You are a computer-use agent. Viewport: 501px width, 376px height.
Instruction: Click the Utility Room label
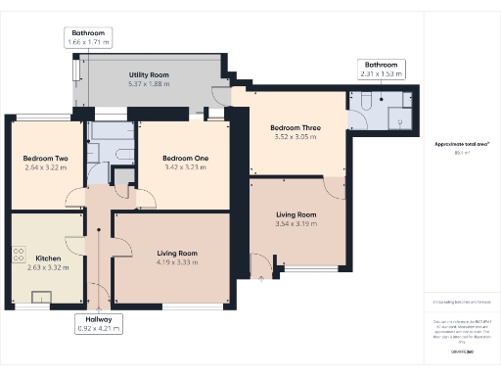(150, 74)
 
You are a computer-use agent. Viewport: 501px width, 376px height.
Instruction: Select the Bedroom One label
(184, 159)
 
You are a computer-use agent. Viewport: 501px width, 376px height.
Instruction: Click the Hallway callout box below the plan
(99, 324)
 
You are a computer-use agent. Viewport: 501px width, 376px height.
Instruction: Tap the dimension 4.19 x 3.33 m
(177, 263)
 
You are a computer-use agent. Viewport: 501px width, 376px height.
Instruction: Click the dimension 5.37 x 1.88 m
(150, 83)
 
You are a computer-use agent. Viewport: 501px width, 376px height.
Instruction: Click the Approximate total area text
(462, 144)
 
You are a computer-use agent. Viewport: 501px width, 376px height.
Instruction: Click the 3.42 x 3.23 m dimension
(184, 167)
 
